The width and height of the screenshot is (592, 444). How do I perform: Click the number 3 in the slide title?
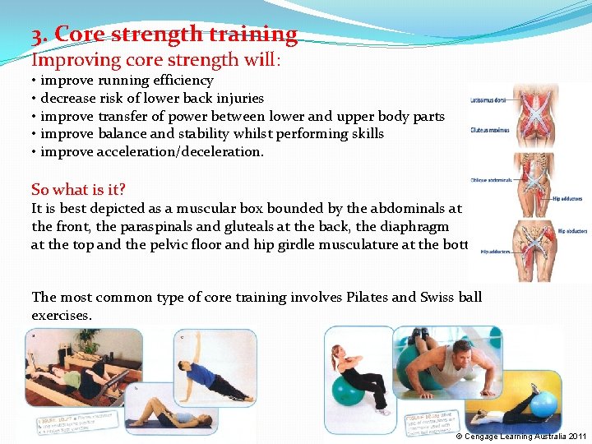point(37,35)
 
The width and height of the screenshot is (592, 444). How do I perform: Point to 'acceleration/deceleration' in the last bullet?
point(180,151)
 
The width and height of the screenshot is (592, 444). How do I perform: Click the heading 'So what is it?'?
point(79,188)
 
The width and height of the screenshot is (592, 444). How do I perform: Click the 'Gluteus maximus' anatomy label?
point(488,129)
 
